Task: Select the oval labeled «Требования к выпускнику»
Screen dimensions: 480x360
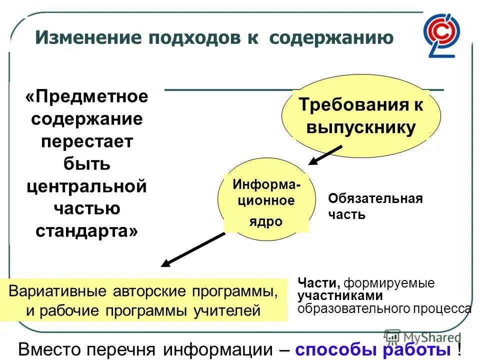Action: tap(360, 117)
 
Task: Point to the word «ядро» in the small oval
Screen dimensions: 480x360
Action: tap(266, 221)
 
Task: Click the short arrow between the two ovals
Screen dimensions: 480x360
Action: tap(324, 154)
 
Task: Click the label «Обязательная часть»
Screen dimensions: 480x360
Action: tap(375, 206)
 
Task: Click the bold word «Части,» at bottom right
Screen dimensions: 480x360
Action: tap(318, 283)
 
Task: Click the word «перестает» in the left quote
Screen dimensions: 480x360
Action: tap(87, 141)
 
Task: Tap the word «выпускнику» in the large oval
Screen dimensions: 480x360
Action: tap(360, 128)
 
